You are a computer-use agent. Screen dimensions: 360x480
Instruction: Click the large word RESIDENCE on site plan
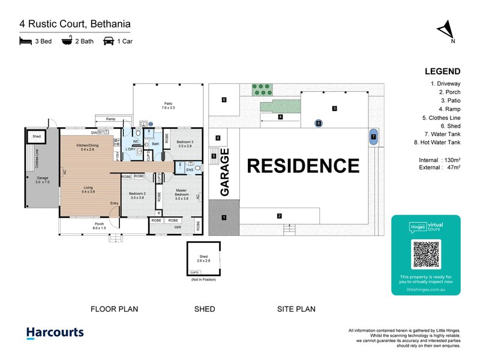coord(303,166)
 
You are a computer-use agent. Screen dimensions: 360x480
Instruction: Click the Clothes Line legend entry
coord(441,119)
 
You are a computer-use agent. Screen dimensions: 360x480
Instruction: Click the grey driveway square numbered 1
coord(224,217)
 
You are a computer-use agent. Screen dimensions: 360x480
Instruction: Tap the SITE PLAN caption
coord(296,310)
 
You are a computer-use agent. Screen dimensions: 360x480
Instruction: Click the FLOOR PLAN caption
coord(114,310)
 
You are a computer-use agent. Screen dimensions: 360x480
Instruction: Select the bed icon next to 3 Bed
coord(25,41)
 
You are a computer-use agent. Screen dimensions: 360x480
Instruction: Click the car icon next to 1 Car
coord(109,41)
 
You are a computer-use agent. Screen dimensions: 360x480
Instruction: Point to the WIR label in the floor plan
coord(178,227)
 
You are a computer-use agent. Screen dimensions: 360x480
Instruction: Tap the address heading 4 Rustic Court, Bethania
coord(75,25)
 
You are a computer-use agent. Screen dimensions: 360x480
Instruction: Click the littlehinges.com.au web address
coord(425,289)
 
